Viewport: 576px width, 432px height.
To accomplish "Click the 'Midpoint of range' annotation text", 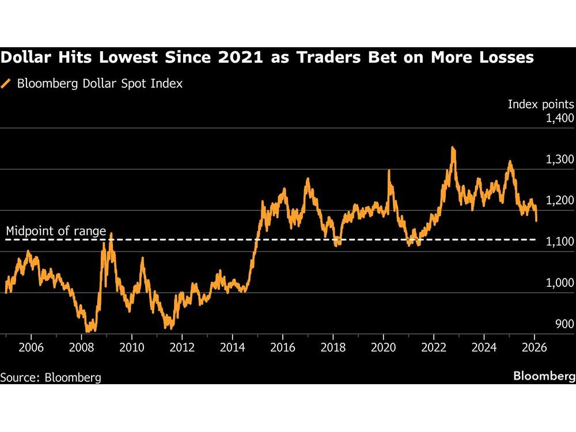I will (x=56, y=232).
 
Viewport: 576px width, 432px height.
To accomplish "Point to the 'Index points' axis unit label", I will (x=541, y=104).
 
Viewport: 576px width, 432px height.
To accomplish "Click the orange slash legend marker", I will (x=6, y=84).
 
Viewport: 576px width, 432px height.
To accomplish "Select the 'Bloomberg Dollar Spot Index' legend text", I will (x=100, y=84).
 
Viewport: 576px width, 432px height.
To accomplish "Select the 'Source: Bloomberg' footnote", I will (x=51, y=377).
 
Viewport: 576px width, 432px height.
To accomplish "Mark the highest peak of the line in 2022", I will (x=453, y=148).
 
